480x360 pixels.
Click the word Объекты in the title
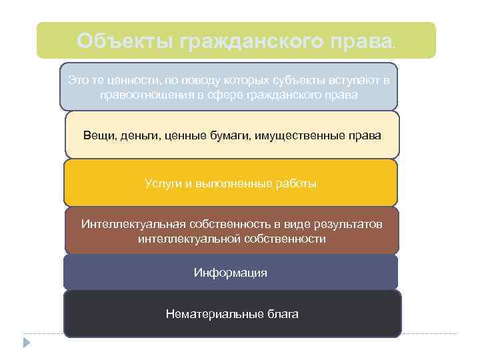[124, 41]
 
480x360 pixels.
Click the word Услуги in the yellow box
[161, 183]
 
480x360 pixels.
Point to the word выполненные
[233, 183]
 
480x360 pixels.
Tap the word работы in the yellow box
[297, 183]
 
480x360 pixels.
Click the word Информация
[231, 273]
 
